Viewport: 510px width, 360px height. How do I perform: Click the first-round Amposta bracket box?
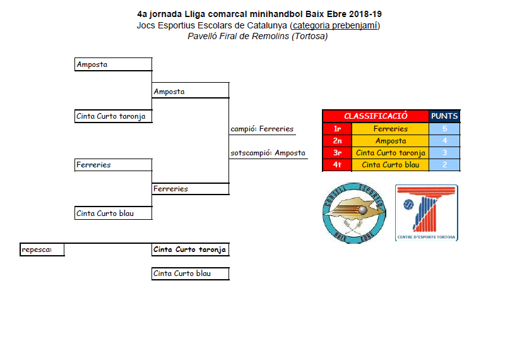pyautogui.click(x=113, y=64)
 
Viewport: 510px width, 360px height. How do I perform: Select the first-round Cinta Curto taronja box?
pyautogui.click(x=113, y=116)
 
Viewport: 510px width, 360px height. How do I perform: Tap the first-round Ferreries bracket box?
pyautogui.click(x=113, y=165)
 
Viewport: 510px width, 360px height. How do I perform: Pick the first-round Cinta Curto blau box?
pyautogui.click(x=113, y=213)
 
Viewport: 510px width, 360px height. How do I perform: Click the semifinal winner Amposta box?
pyautogui.click(x=190, y=92)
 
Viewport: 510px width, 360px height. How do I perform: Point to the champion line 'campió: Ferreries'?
pyautogui.click(x=262, y=129)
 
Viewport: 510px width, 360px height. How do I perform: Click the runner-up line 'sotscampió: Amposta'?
pyautogui.click(x=268, y=153)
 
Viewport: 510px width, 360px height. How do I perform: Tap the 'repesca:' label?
pyautogui.click(x=34, y=249)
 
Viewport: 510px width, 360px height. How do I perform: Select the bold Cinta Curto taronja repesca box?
pyautogui.click(x=190, y=249)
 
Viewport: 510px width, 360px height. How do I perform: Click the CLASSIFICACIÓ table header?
pyautogui.click(x=376, y=116)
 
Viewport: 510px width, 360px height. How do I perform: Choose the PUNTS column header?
pyautogui.click(x=444, y=116)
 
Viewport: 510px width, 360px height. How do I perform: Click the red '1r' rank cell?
pyautogui.click(x=337, y=129)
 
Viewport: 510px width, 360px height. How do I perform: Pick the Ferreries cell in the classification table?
pyautogui.click(x=390, y=129)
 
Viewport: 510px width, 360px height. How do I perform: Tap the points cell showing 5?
pyautogui.click(x=444, y=129)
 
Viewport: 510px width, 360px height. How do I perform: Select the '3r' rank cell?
pyautogui.click(x=337, y=153)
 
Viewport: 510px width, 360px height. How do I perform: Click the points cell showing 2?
pyautogui.click(x=444, y=165)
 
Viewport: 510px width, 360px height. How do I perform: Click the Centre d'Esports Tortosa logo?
pyautogui.click(x=427, y=212)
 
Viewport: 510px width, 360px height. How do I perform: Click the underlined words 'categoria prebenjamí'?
pyautogui.click(x=335, y=25)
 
